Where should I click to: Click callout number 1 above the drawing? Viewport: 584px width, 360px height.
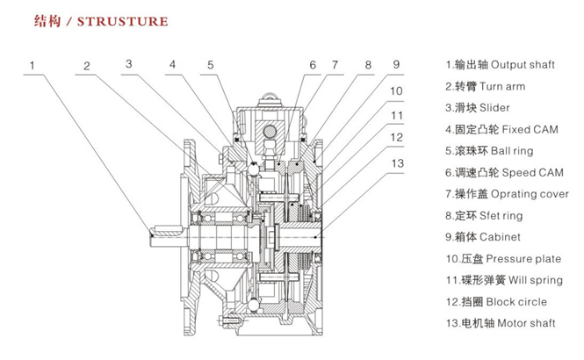32,65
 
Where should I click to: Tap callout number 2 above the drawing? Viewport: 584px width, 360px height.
88,65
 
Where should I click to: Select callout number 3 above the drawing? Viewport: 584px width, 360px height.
129,63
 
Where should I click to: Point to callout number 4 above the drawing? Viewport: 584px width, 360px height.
173,64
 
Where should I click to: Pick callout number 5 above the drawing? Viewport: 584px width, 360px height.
211,64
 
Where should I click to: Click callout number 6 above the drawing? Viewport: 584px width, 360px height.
312,65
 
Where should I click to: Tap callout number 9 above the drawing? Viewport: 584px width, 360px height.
396,64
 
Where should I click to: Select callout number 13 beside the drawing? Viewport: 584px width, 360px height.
396,162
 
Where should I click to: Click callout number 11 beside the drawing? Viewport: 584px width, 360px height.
396,115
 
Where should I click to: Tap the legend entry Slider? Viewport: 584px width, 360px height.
478,108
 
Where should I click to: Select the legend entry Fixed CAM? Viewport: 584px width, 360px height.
496,129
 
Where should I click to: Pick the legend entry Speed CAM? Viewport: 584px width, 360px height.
501,172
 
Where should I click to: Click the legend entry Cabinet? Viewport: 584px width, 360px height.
482,237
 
